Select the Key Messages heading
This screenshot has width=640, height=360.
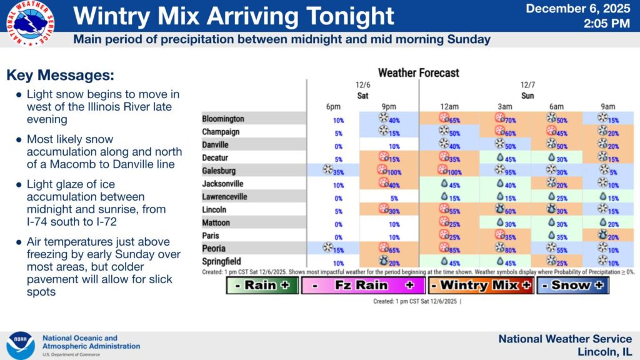[x=60, y=76]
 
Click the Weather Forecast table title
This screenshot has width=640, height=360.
[x=418, y=72]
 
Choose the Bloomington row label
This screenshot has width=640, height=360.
[x=223, y=119]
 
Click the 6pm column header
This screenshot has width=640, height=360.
[x=332, y=106]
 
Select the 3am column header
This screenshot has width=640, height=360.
[x=505, y=106]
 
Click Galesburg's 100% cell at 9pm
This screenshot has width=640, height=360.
[x=389, y=171]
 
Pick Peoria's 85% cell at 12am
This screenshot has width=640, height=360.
[x=449, y=249]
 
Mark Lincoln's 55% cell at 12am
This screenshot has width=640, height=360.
[x=449, y=210]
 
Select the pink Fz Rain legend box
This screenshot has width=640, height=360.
[x=362, y=286]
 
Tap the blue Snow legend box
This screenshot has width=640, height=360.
[x=572, y=286]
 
